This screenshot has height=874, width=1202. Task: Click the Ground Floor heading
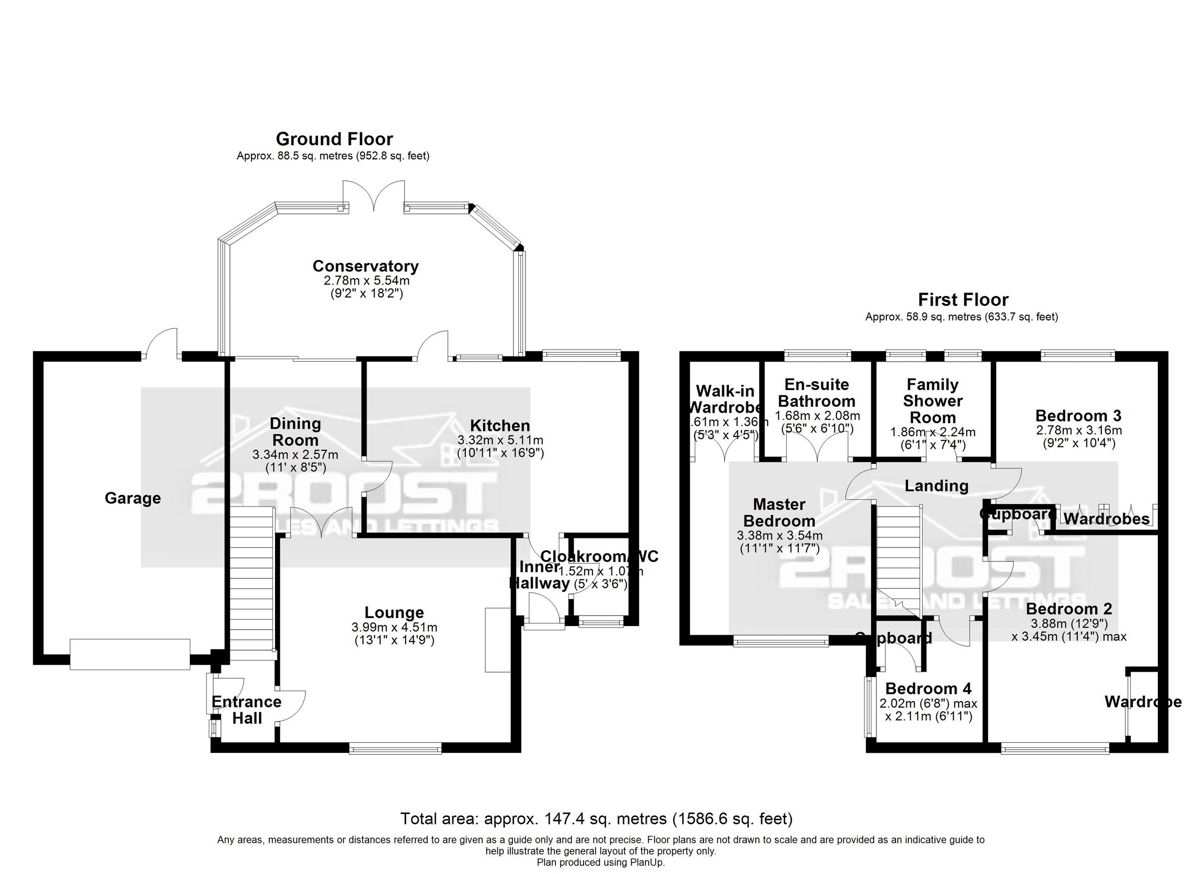tap(334, 139)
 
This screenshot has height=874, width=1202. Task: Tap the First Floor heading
tap(963, 300)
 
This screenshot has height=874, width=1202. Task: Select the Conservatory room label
tap(365, 266)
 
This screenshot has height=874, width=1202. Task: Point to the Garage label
tap(133, 498)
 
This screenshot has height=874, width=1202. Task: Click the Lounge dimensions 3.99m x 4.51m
tap(394, 628)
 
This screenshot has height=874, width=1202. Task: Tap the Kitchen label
tap(500, 426)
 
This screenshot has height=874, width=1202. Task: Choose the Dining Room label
tap(294, 431)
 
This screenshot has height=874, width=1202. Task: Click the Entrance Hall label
tap(246, 710)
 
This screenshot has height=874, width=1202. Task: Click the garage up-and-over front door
tap(130, 655)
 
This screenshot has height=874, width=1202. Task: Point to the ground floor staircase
tap(252, 583)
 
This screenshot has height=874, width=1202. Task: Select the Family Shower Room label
tap(932, 401)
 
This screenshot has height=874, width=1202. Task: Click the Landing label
tap(936, 485)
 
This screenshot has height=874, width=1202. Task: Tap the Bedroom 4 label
tap(928, 689)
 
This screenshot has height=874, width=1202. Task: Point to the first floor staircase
tap(896, 562)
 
